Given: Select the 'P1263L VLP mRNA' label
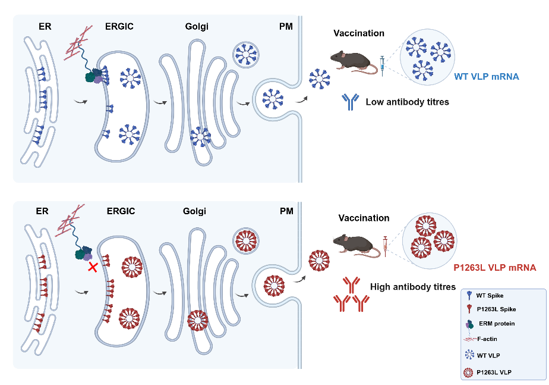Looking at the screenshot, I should coord(494,268).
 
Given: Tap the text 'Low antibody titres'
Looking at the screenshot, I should coord(407,102).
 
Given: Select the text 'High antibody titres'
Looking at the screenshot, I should coord(413,287).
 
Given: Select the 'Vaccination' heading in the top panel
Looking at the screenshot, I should coord(359,33).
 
